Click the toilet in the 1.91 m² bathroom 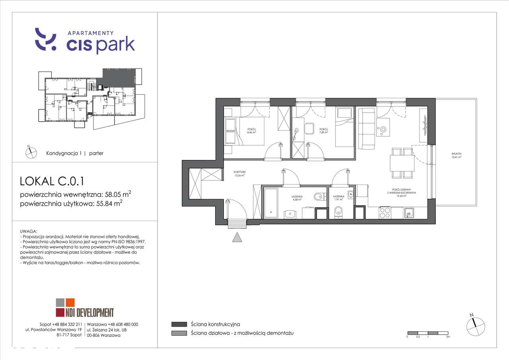pos(338,212)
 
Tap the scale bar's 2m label pos(448,337)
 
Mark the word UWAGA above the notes pos(28,231)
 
